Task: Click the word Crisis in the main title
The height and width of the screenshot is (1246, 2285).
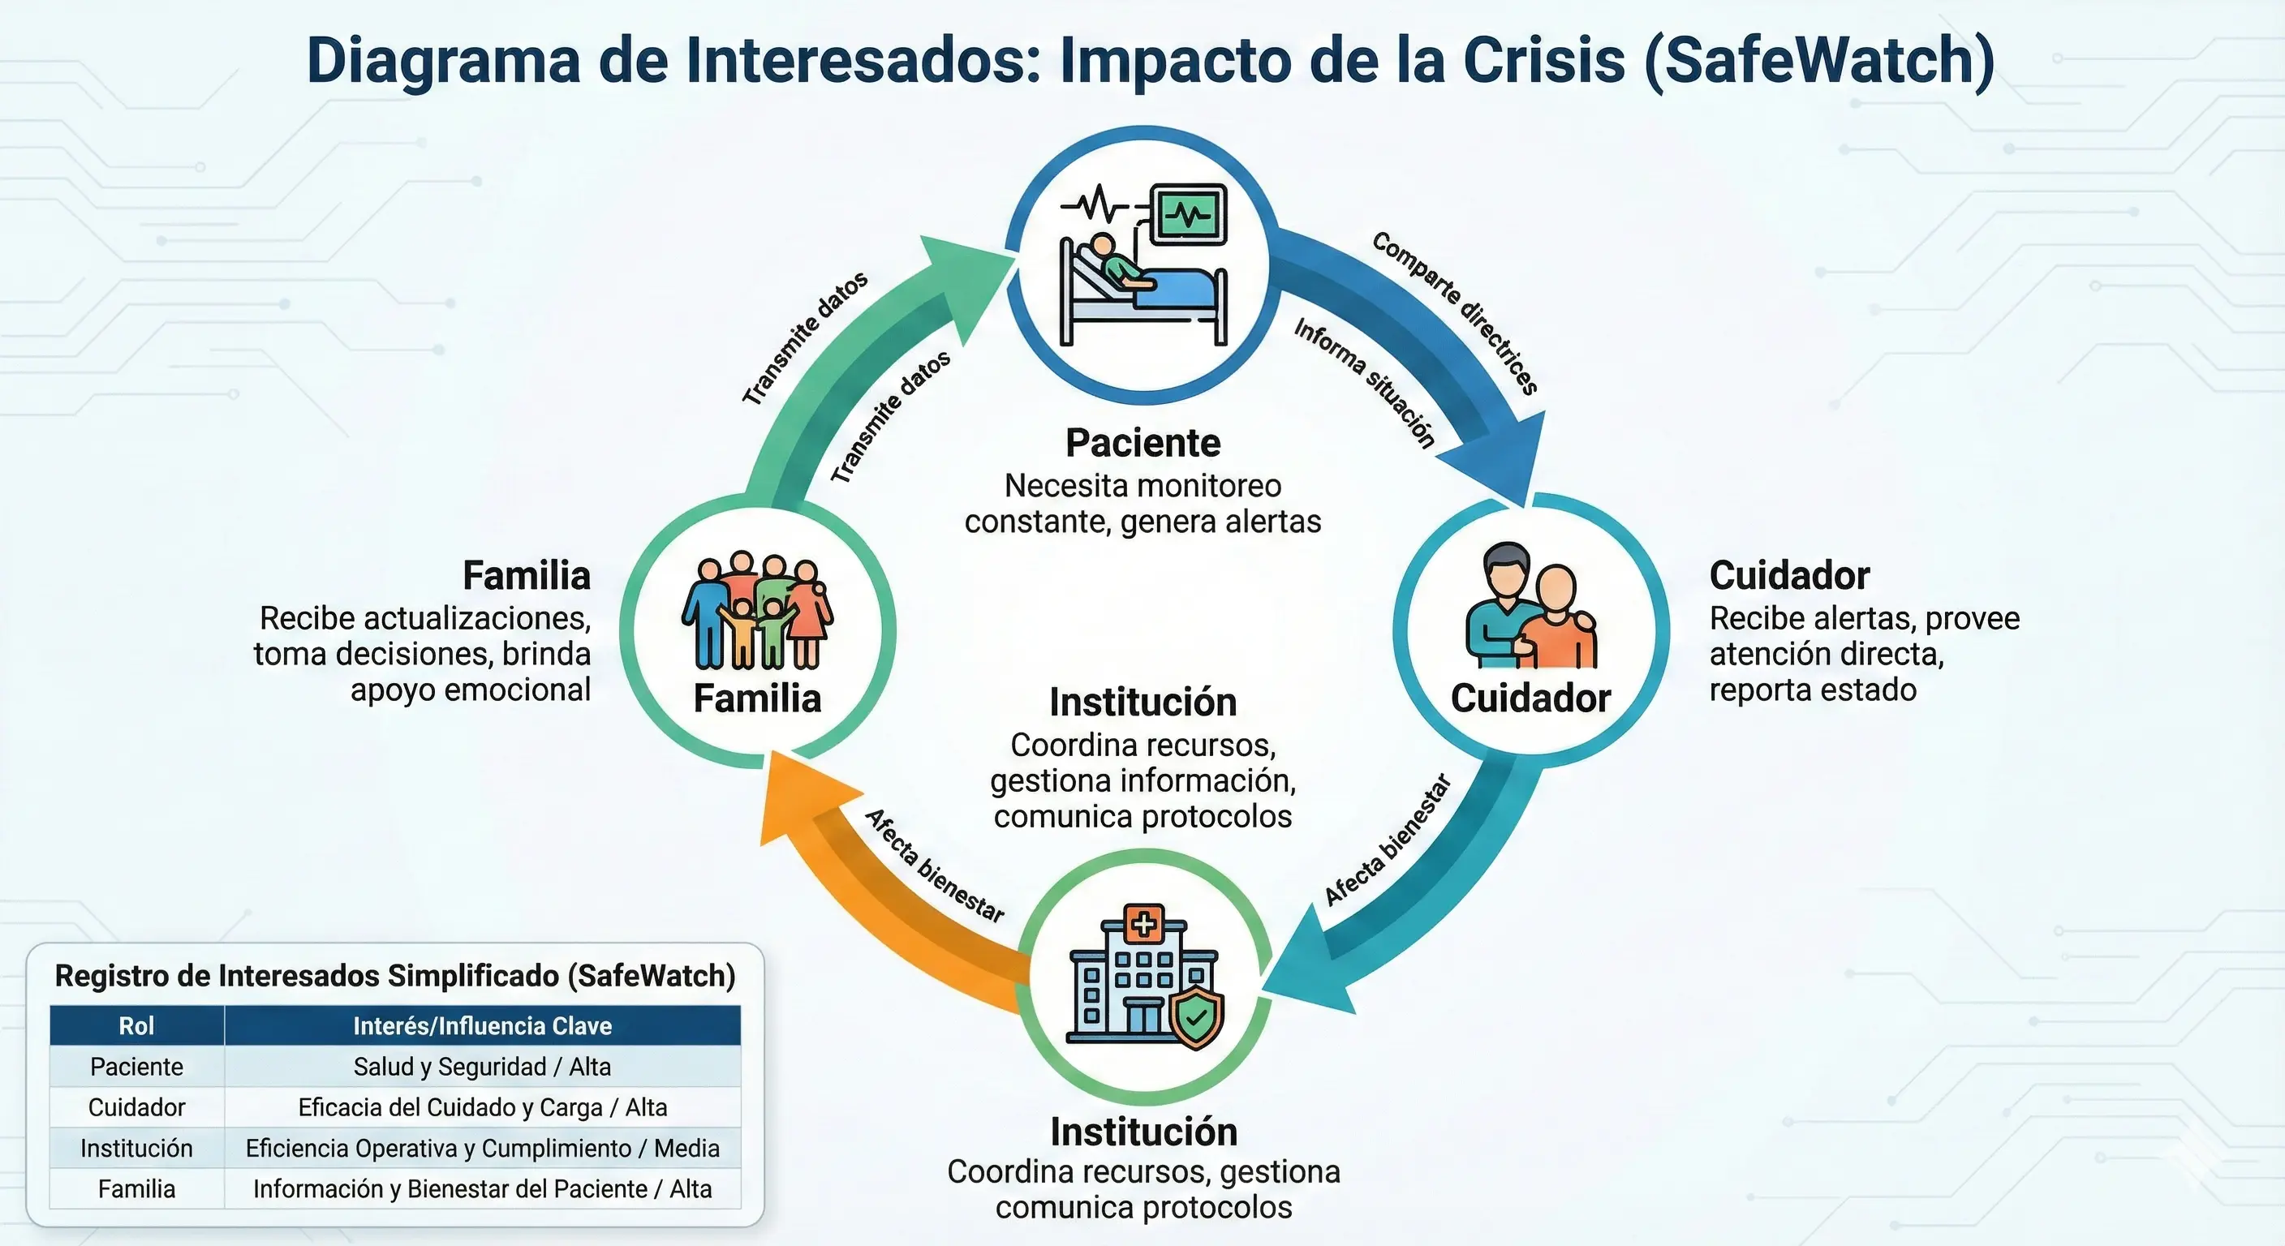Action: pos(1543,60)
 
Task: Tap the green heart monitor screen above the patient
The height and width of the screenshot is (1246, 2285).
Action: pos(1189,213)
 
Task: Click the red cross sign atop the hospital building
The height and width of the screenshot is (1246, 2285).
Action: pos(1143,924)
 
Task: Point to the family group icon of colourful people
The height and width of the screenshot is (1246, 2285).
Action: pos(756,612)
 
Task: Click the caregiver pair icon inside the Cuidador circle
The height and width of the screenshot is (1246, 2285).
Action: pos(1530,608)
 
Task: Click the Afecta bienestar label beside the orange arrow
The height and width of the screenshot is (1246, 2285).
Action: pos(934,866)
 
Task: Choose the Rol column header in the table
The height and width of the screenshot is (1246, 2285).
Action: pos(136,1025)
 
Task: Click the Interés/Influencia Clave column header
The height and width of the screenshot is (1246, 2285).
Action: pos(482,1025)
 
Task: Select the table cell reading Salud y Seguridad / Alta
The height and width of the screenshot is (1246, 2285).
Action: pos(482,1066)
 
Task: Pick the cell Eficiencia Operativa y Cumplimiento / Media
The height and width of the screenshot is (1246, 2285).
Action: pos(482,1148)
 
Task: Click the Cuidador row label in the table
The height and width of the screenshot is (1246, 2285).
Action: pos(136,1106)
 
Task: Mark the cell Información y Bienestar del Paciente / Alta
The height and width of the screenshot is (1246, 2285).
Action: pos(482,1188)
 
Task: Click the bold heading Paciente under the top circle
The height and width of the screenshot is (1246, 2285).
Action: pos(1142,443)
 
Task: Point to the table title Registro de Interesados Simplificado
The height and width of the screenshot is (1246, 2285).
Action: pos(394,976)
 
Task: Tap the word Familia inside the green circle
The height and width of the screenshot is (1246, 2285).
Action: pos(756,698)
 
